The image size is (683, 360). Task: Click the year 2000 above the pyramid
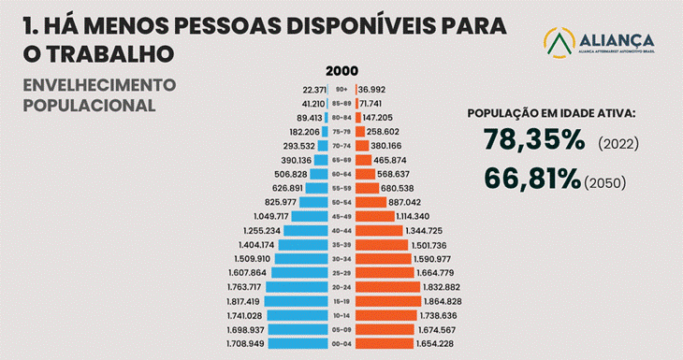pyautogui.click(x=341, y=72)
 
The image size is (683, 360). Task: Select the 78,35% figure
pyautogui.click(x=533, y=140)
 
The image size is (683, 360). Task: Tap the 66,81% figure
pyautogui.click(x=531, y=179)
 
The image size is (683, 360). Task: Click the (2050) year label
pyautogui.click(x=604, y=182)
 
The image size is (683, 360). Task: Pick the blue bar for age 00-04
pyautogui.click(x=297, y=344)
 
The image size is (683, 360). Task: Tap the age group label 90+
pyautogui.click(x=341, y=89)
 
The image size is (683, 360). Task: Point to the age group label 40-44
pyautogui.click(x=341, y=231)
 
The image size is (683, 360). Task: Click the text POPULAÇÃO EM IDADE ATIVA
pyautogui.click(x=551, y=113)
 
